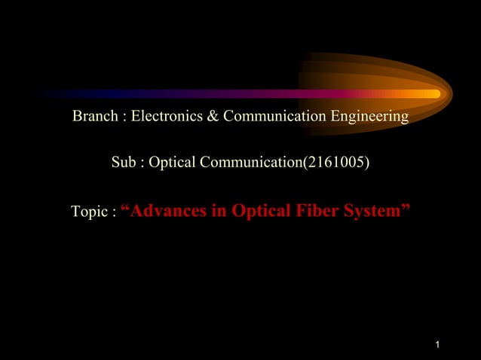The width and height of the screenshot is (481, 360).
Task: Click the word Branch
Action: [x=93, y=117]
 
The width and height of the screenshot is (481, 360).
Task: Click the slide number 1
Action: [x=437, y=346]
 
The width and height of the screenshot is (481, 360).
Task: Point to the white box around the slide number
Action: [x=449, y=346]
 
